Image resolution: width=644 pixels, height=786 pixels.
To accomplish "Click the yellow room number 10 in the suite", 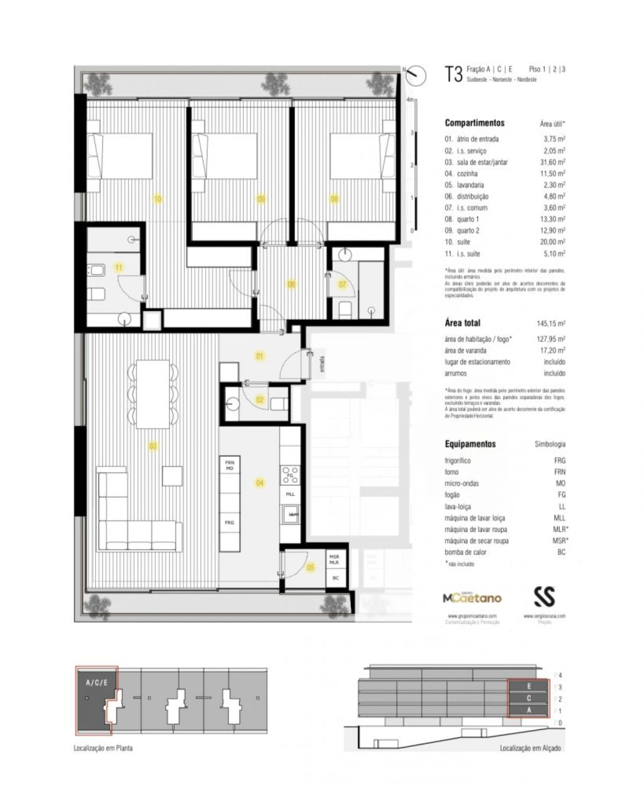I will click(x=157, y=200).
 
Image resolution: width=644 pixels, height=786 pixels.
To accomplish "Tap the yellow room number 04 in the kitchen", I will click(x=260, y=483).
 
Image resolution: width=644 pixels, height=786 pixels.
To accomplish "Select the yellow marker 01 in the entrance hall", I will click(x=260, y=356).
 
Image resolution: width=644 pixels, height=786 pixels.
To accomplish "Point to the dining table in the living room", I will click(x=153, y=393).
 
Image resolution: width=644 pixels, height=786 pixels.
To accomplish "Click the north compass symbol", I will click(x=416, y=75).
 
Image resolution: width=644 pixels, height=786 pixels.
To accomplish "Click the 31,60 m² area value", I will click(x=552, y=162).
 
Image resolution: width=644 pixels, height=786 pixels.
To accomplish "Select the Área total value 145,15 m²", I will click(x=550, y=323).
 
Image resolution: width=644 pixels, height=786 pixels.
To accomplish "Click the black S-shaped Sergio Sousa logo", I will click(x=544, y=596).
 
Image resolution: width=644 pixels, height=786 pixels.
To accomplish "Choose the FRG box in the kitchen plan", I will click(x=229, y=523).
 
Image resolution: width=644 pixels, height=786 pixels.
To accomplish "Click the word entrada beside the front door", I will click(x=322, y=364).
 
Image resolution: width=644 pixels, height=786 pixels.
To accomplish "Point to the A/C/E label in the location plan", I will click(x=96, y=682).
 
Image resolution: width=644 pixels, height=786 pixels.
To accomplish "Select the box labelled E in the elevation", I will click(x=529, y=686).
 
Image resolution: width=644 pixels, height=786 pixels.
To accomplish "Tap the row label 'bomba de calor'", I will click(x=465, y=552).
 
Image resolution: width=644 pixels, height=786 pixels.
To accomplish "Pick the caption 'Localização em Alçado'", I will click(x=530, y=748).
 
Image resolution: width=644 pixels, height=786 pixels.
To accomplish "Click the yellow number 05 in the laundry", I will click(x=310, y=567).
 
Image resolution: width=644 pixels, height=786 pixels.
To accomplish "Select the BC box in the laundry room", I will click(x=336, y=578).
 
